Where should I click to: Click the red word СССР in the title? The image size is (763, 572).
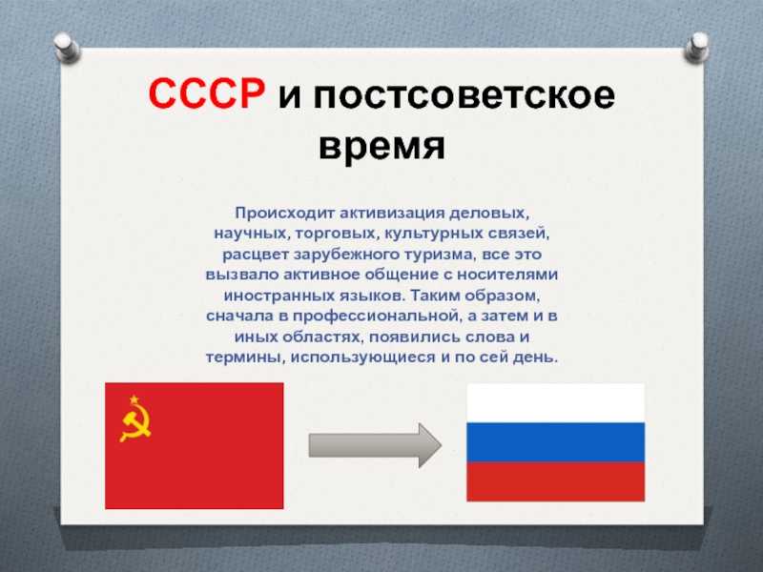pos(207,93)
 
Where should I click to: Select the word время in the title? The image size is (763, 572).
pos(382,146)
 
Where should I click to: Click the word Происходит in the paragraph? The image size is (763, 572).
pos(284,213)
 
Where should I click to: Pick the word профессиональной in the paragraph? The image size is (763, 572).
pos(376,317)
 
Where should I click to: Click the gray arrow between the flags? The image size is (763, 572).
pos(375,445)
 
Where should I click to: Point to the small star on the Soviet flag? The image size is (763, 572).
pos(134,399)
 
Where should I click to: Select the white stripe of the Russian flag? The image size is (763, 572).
pos(556,402)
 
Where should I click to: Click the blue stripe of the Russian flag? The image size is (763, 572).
pos(556,442)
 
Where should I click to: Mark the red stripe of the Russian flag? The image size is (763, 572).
pos(556,481)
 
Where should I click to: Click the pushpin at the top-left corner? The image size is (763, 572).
pos(66,47)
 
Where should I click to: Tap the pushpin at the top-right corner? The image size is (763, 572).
pos(696,47)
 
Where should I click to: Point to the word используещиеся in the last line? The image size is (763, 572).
pos(363,357)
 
